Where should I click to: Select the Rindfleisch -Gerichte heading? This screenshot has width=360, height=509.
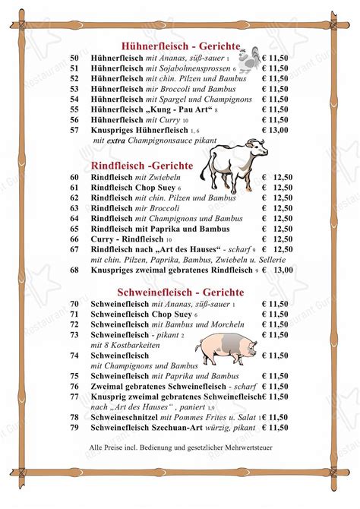[141, 165]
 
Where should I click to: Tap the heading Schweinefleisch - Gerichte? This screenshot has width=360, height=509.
[181, 292]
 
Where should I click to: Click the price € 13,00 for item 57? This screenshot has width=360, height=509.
[276, 131]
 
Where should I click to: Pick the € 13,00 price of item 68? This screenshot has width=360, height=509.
[277, 270]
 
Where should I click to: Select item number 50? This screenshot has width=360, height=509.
[74, 57]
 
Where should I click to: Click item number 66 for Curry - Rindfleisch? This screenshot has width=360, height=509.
[74, 239]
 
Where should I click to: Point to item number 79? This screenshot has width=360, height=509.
[74, 428]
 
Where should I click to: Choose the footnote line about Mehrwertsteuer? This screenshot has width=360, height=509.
[181, 448]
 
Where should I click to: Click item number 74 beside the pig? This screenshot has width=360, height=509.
[74, 355]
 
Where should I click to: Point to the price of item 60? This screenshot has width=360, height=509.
[277, 176]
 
